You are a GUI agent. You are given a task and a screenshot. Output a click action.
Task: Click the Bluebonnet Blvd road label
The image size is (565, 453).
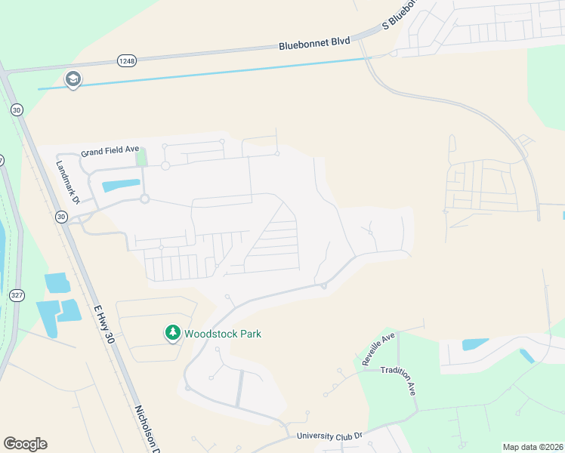pyautogui.click(x=314, y=44)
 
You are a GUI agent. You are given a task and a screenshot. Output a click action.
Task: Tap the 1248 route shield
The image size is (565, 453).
pyautogui.click(x=126, y=59)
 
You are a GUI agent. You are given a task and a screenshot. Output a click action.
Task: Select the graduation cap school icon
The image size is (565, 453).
pyautogui.click(x=73, y=79)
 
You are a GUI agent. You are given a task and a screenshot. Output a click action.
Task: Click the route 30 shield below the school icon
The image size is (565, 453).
pyautogui.click(x=16, y=109)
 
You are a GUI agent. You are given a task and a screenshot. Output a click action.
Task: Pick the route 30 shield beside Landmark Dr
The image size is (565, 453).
pyautogui.click(x=61, y=217)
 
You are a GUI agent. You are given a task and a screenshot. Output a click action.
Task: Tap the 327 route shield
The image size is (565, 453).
pyautogui.click(x=16, y=294)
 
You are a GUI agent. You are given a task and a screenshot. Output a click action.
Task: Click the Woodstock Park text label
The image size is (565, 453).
pyautogui.click(x=223, y=333)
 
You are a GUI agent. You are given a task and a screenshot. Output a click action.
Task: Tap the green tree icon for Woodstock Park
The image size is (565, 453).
pyautogui.click(x=173, y=333)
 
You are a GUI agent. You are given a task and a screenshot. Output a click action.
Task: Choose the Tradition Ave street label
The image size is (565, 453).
pyautogui.click(x=399, y=381)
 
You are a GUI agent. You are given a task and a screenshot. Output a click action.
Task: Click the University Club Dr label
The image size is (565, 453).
pyautogui.click(x=330, y=436)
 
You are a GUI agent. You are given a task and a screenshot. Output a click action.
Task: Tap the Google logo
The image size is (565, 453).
pyautogui.click(x=25, y=444)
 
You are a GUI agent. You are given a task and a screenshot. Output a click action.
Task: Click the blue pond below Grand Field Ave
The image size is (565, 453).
pyautogui.click(x=120, y=184)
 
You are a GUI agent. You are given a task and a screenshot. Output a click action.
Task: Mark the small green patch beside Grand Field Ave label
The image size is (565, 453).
pyautogui.click(x=140, y=158)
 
